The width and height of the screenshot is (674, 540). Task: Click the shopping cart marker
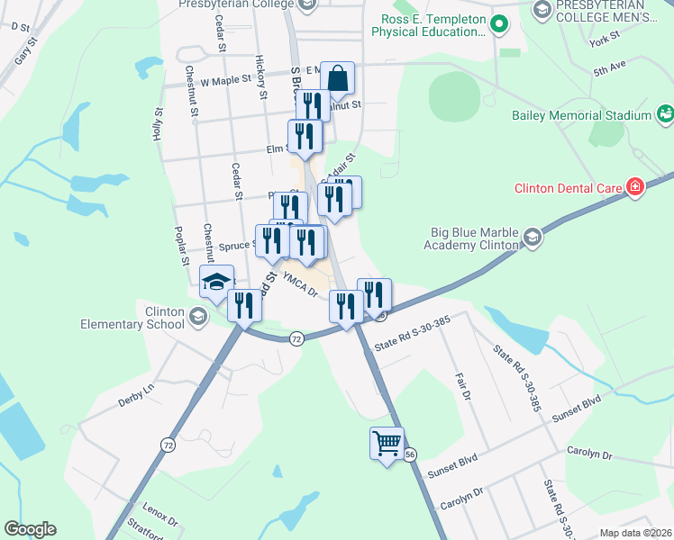click(x=387, y=443)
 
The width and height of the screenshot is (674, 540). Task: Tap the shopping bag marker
click(x=337, y=78)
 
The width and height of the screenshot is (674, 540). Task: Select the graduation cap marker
click(x=216, y=282)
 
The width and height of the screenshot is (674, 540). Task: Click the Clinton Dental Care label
click(x=569, y=188)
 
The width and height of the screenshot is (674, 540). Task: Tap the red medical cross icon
click(x=635, y=187)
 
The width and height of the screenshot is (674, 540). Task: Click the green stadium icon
click(x=665, y=114)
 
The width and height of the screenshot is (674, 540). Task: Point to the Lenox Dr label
click(x=160, y=516)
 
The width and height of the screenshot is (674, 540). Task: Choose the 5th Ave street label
click(x=609, y=67)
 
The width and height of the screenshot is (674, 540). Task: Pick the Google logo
click(x=30, y=529)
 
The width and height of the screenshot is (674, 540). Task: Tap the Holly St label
click(x=158, y=124)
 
